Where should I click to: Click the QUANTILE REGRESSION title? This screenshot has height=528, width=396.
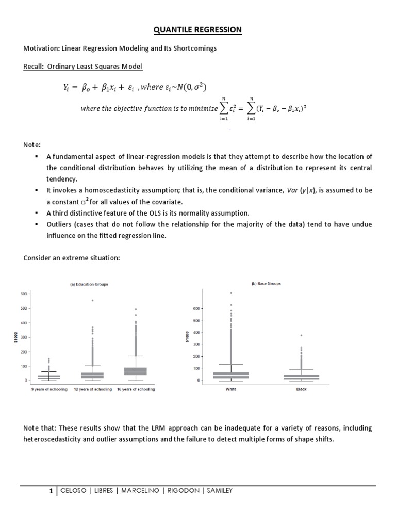click(197, 30)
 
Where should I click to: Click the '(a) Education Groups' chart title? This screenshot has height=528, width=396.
click(89, 284)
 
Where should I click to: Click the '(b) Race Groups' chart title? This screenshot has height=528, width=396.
click(266, 284)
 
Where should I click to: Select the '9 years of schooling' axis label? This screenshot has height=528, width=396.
click(49, 389)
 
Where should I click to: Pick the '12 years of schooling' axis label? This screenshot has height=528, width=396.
click(93, 389)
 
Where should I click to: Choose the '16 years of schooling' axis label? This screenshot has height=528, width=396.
click(136, 389)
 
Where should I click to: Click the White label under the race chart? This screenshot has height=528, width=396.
click(232, 389)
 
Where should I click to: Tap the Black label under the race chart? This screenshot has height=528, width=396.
click(301, 389)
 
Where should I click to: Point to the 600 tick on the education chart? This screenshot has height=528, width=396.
click(23, 294)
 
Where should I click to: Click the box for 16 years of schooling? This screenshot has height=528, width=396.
click(136, 371)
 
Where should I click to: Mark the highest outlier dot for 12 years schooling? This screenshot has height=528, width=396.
click(93, 300)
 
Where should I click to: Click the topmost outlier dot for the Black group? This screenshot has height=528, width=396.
click(301, 335)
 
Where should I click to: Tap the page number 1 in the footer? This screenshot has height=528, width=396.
click(51, 491)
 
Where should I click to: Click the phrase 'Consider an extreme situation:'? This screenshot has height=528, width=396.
click(72, 257)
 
